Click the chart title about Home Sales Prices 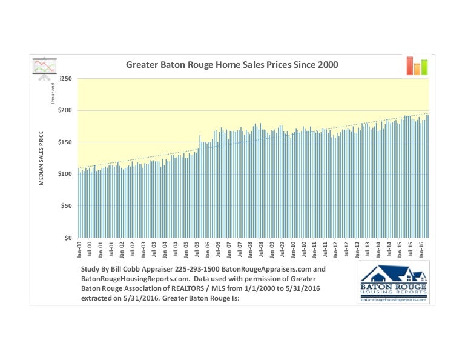[231, 64]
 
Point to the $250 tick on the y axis [65, 79]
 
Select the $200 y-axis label [65, 110]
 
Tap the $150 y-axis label [65, 142]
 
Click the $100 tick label [65, 174]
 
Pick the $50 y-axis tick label [67, 206]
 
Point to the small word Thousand [53, 93]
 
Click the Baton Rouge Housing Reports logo [394, 282]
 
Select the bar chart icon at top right [417, 65]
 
